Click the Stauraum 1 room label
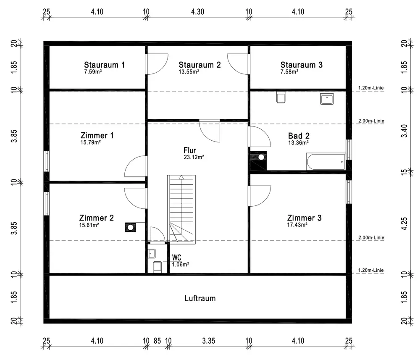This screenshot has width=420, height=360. click(x=104, y=65)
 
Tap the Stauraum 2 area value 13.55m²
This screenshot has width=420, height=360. click(x=189, y=72)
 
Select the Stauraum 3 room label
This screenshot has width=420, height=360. click(x=302, y=65)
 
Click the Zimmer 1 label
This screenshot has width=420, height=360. click(x=97, y=136)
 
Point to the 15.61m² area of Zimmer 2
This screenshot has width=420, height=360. click(x=89, y=225)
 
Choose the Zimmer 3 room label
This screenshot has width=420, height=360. click(x=304, y=218)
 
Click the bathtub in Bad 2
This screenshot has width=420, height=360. click(x=326, y=162)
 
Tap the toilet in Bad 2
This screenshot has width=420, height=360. click(x=281, y=97)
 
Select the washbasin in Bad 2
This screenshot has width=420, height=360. click(x=326, y=99)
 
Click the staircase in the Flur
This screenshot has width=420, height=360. click(x=181, y=208)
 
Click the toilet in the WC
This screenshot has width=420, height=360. click(x=157, y=267)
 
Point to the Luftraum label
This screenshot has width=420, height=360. click(x=200, y=298)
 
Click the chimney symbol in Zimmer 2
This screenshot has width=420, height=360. click(x=130, y=227)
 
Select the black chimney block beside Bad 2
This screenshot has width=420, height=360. click(x=258, y=161)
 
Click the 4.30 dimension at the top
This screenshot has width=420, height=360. click(x=197, y=12)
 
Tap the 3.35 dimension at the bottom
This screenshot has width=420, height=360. click(x=208, y=340)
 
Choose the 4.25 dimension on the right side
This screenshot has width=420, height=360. click(x=404, y=223)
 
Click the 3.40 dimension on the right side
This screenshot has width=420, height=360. click(x=404, y=130)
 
